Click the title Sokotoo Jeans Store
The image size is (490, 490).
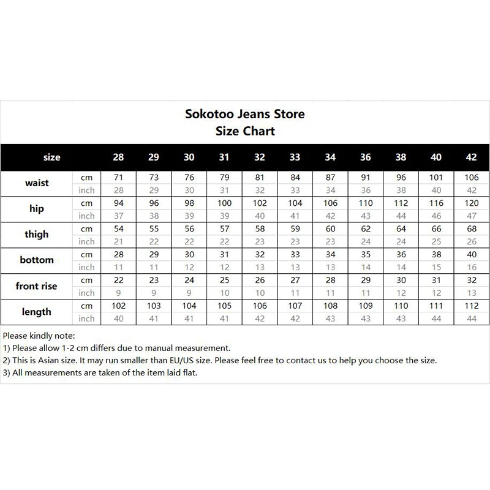(x=245, y=114)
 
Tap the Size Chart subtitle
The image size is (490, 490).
(x=245, y=130)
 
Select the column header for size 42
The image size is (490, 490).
(x=471, y=157)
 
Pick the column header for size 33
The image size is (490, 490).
(x=295, y=157)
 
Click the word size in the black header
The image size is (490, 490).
(x=52, y=157)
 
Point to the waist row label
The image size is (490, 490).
(x=37, y=183)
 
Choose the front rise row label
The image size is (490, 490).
(x=37, y=286)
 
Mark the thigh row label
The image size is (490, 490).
(x=37, y=235)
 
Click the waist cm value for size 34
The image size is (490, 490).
(x=330, y=177)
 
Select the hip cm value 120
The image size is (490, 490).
(x=471, y=203)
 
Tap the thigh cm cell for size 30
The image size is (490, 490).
(x=189, y=228)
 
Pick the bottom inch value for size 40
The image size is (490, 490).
(x=436, y=267)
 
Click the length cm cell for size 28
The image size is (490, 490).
(x=118, y=306)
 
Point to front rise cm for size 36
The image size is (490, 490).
(x=366, y=280)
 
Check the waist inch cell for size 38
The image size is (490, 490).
(x=401, y=190)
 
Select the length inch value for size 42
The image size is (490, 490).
(x=471, y=318)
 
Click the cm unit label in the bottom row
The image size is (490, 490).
(x=86, y=254)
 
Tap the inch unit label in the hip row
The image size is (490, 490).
(x=86, y=216)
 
